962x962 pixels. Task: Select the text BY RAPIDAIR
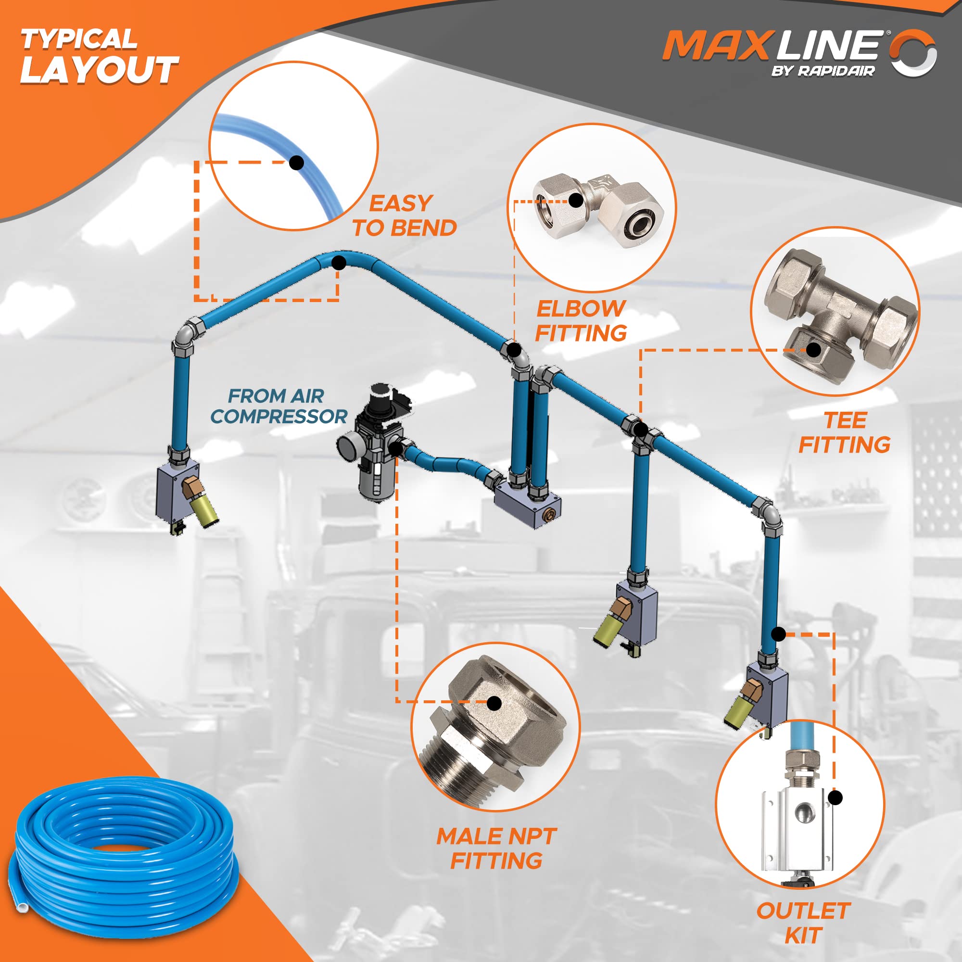click(823, 71)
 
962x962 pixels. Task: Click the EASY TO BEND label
click(404, 215)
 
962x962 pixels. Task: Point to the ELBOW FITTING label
click(581, 321)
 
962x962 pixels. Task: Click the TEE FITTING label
click(845, 432)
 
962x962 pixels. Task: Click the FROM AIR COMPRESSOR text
click(278, 406)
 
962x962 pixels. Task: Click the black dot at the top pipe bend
click(339, 263)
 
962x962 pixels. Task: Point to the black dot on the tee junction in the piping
click(641, 429)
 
